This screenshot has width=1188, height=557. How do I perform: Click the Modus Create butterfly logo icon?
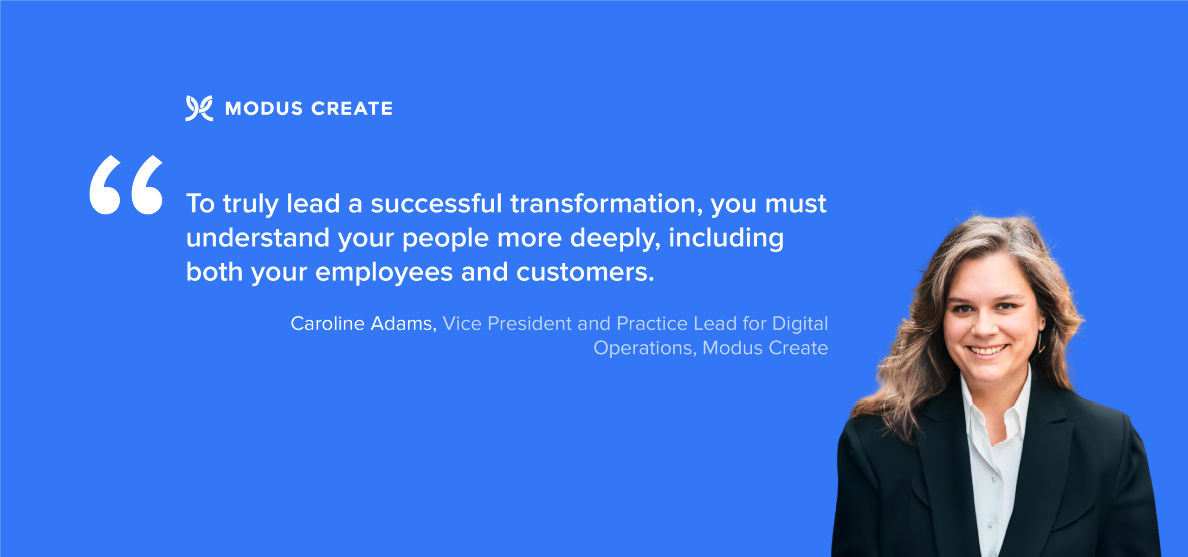199,108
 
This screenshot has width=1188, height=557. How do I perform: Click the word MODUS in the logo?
264,109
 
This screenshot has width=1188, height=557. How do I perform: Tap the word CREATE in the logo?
352,109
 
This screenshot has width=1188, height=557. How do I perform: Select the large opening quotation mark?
126,185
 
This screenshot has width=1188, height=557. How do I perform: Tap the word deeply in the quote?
615,239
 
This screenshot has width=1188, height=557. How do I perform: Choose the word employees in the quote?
384,273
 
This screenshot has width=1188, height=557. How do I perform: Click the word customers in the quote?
585,272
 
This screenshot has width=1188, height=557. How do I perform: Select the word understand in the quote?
258,238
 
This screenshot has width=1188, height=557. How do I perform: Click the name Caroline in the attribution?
328,324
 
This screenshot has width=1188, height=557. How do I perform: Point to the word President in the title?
529,324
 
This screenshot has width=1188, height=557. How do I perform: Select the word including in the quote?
726,239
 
